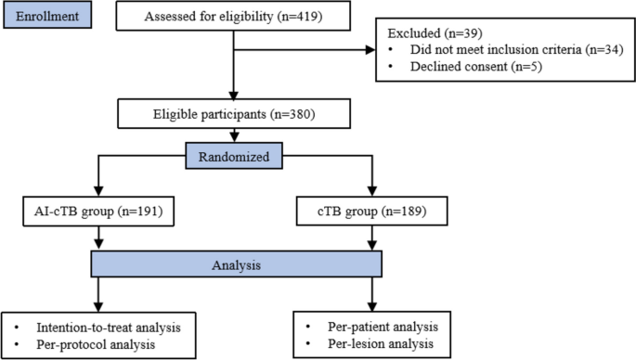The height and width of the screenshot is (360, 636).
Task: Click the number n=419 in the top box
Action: pyautogui.click(x=297, y=16)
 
